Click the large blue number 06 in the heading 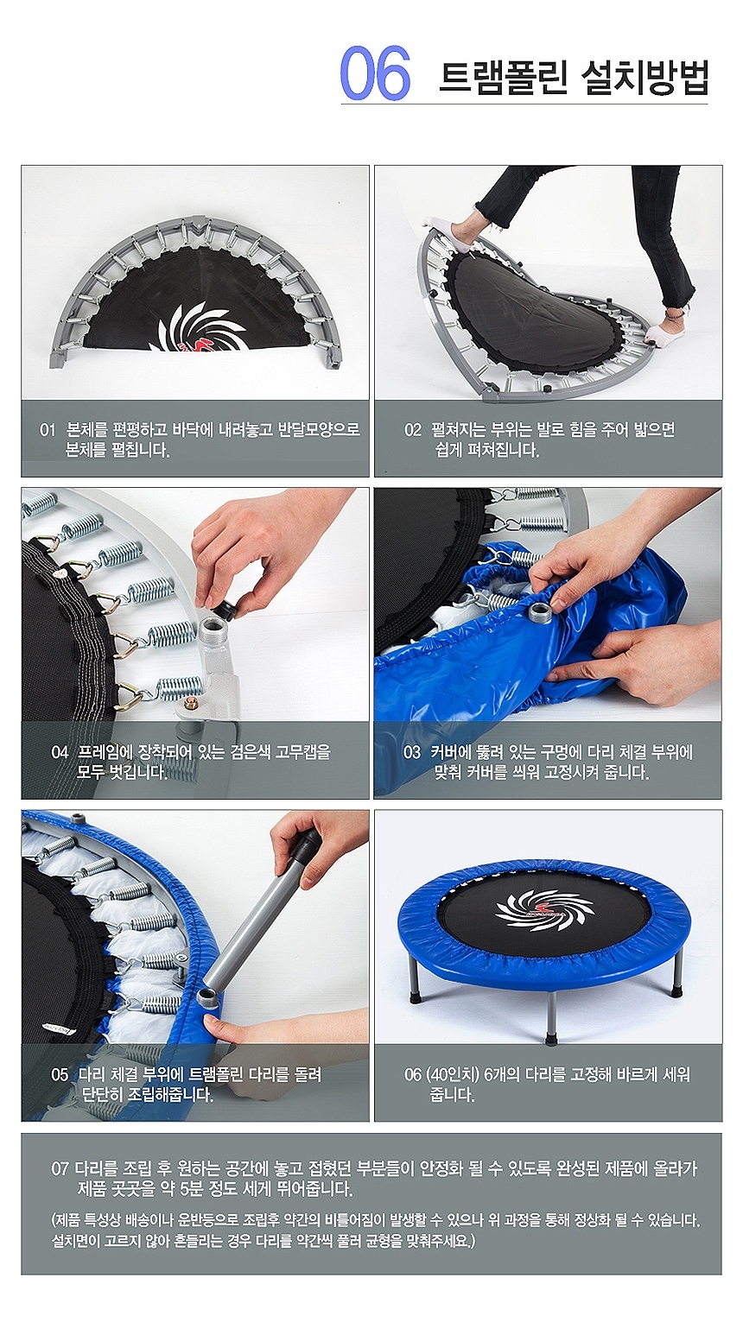375,73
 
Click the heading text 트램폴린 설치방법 574,77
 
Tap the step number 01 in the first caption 48,430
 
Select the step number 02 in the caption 413,430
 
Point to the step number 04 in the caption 60,752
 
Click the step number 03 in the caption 412,752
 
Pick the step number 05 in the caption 60,1074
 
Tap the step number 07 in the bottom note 60,1168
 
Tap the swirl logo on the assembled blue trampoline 545,911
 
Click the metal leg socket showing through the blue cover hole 541,611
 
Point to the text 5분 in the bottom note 192,1190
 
